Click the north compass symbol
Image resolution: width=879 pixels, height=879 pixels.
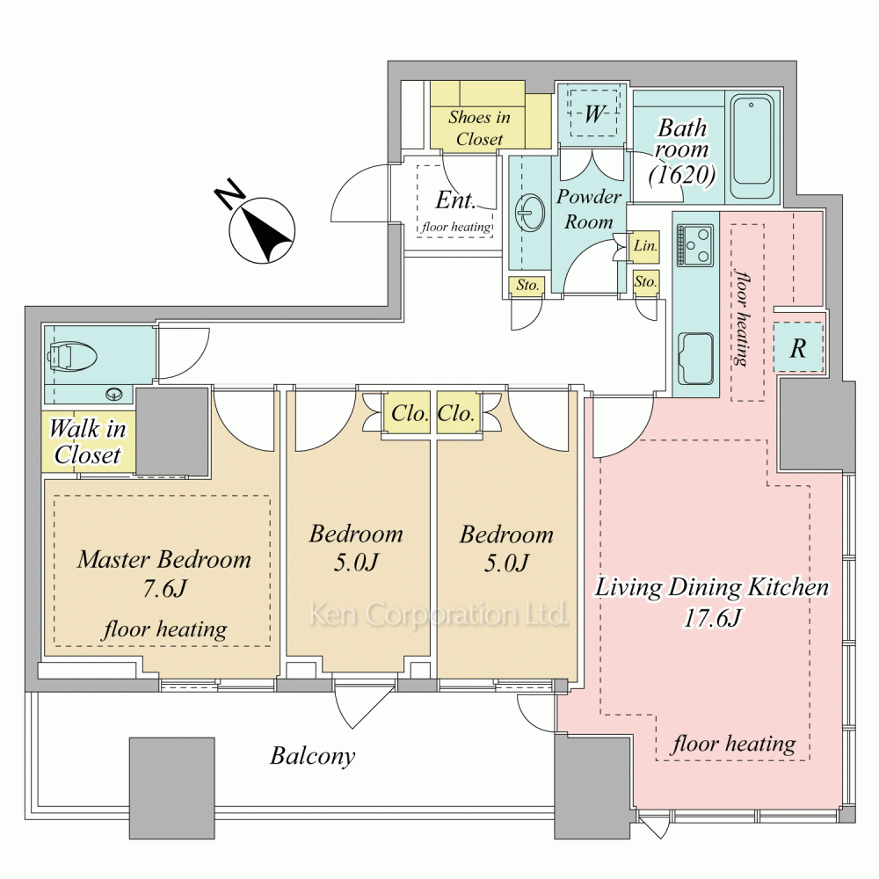(262, 229)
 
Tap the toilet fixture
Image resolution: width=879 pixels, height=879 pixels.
(73, 356)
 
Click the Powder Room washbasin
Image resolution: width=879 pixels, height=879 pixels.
(529, 213)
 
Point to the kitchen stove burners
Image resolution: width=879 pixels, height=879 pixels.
(695, 244)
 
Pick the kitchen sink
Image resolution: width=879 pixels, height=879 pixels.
(695, 358)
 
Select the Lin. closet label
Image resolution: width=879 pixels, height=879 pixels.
(645, 245)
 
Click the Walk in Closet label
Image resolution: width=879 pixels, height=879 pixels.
(87, 442)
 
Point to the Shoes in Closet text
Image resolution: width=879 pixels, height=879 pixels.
(479, 127)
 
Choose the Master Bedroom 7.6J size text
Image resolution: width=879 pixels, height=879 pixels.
(164, 588)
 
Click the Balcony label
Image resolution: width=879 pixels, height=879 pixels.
(313, 756)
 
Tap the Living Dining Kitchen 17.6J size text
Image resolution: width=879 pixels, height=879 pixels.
(713, 618)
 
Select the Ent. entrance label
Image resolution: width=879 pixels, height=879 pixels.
(455, 200)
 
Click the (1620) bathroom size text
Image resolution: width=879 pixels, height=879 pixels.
(682, 174)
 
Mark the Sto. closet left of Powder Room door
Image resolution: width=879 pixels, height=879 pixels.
(527, 286)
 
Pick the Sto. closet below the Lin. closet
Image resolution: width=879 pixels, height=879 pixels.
(646, 281)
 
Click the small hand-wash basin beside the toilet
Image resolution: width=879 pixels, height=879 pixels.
(114, 394)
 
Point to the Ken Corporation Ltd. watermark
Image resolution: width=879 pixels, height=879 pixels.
(438, 614)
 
